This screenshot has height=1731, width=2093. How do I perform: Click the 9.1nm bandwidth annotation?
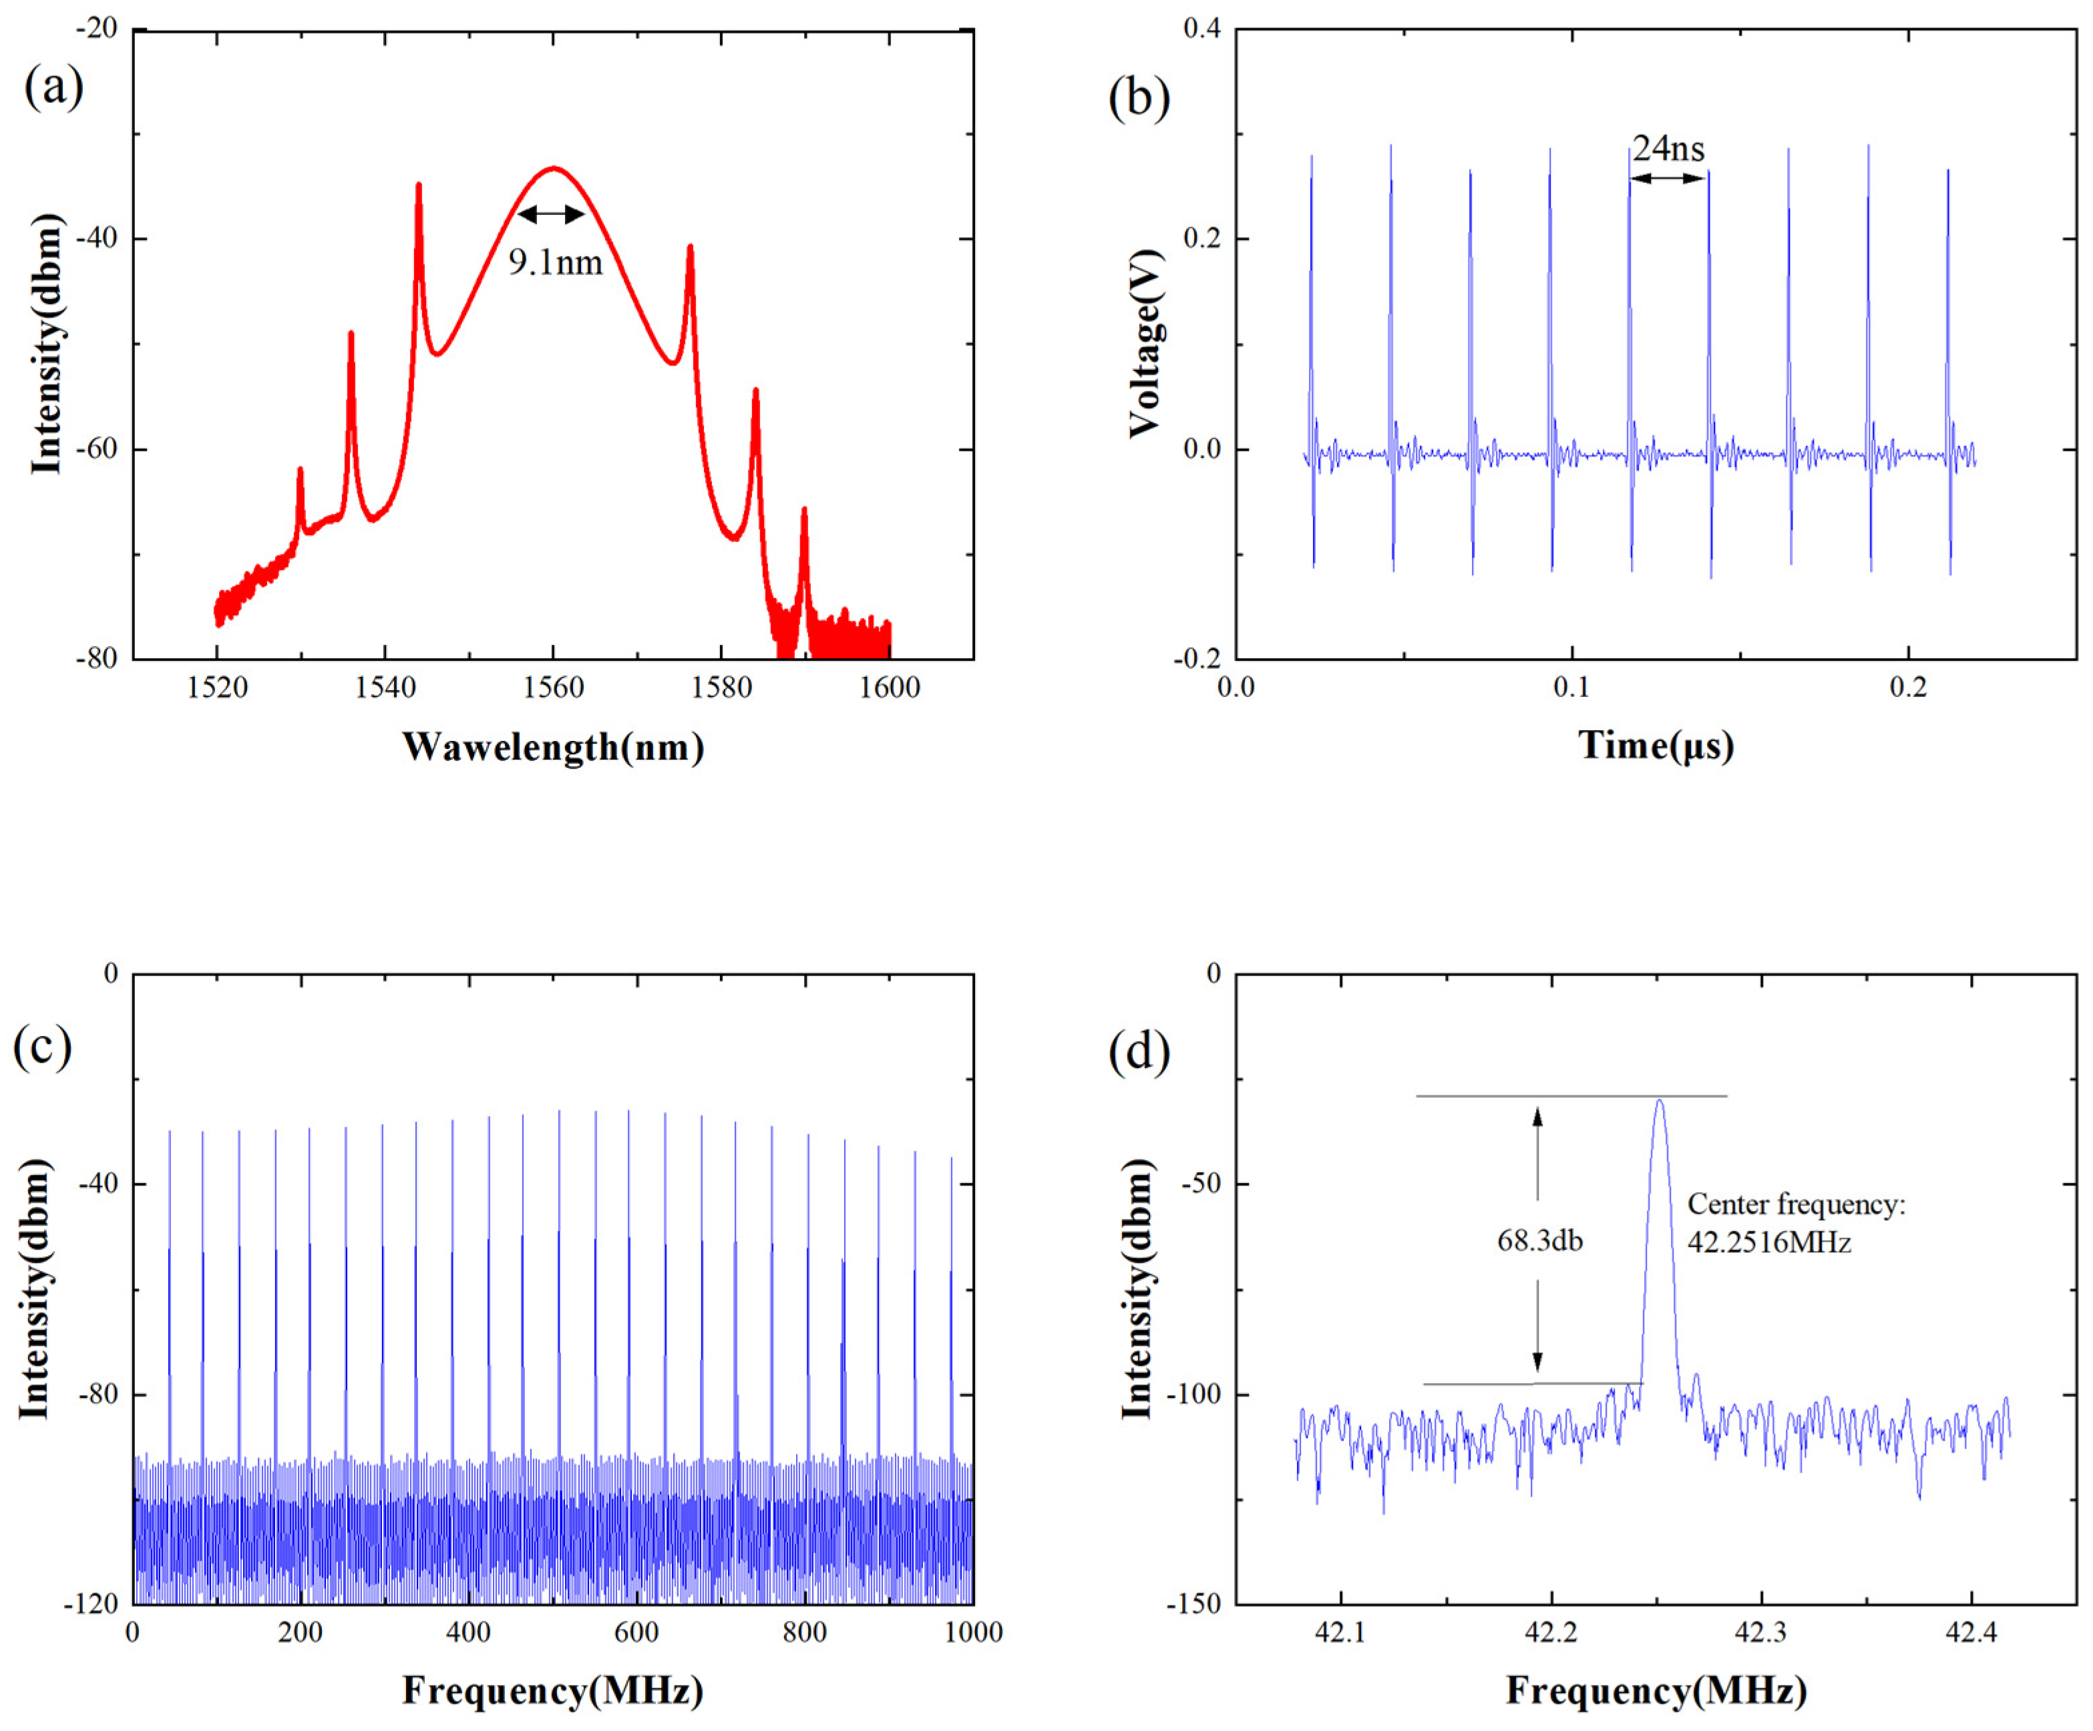pos(555,262)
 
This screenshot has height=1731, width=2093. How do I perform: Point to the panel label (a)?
pos(54,87)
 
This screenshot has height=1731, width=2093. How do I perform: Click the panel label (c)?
pos(42,1046)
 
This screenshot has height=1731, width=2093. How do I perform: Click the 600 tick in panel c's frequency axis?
pos(636,1632)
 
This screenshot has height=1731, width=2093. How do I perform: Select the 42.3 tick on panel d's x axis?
pos(1761,1632)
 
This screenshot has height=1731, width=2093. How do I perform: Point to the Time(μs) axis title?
pos(1656,746)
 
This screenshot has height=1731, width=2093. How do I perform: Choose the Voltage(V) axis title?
pos(1145,343)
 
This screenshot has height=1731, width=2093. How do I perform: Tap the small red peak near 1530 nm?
pos(300,469)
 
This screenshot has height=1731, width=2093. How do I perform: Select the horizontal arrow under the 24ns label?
pos(1668,178)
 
